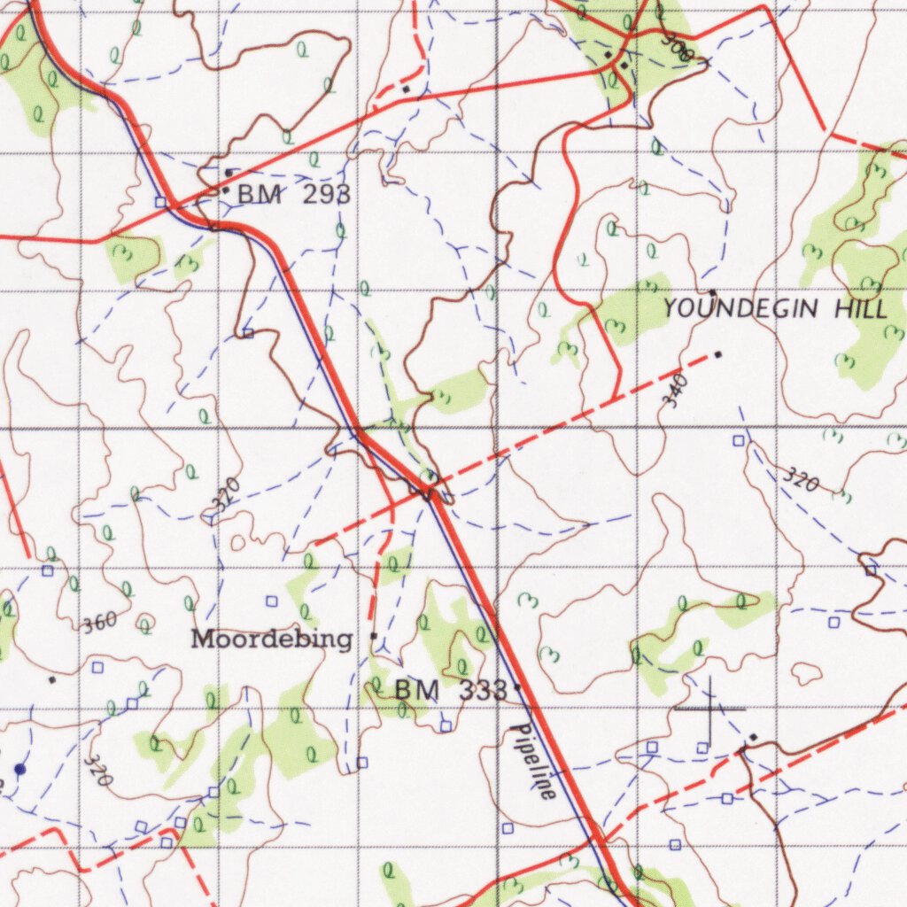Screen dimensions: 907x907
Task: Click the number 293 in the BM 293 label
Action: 326,195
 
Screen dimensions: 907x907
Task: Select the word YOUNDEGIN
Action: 742,309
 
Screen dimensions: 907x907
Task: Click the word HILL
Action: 858,309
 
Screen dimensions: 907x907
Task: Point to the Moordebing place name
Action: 272,639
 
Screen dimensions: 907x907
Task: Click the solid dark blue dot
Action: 19,769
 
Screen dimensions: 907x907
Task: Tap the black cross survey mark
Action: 709,708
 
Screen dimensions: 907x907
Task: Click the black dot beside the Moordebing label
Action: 374,636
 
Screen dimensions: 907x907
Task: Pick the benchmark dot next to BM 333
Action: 517,686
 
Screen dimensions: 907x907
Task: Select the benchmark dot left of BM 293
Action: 225,190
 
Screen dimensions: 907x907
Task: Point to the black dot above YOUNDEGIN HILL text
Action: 712,291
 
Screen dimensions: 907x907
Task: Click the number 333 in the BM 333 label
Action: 483,690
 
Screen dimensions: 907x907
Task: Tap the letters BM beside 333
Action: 416,690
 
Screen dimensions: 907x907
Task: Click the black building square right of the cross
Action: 753,737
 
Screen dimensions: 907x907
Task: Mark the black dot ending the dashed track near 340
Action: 717,354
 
